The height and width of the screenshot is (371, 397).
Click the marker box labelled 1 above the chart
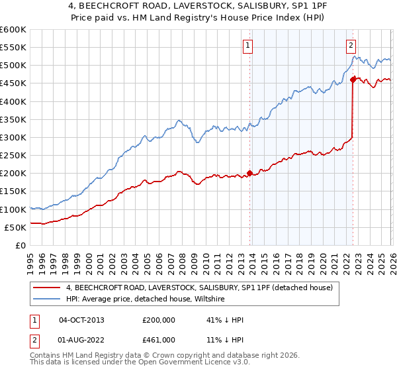(x=247, y=46)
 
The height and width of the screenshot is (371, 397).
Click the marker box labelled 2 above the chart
(x=350, y=46)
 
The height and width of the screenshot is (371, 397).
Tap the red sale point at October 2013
(x=249, y=174)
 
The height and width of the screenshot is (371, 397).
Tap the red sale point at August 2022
(x=352, y=80)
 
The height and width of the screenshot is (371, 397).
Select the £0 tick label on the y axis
(x=21, y=245)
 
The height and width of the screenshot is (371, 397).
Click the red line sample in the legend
(x=48, y=287)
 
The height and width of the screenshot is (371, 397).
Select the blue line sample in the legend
(x=48, y=299)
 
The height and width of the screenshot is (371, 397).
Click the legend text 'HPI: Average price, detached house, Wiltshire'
(x=146, y=299)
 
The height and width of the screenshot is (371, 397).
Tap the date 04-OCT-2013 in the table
(x=81, y=320)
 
